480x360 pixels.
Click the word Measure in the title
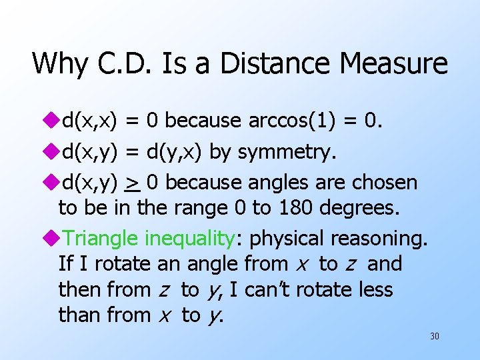[x=393, y=64]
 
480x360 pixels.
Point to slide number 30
[x=435, y=337]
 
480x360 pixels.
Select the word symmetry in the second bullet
[x=287, y=153]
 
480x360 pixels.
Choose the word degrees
[x=360, y=208]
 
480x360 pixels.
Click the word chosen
[x=393, y=183]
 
